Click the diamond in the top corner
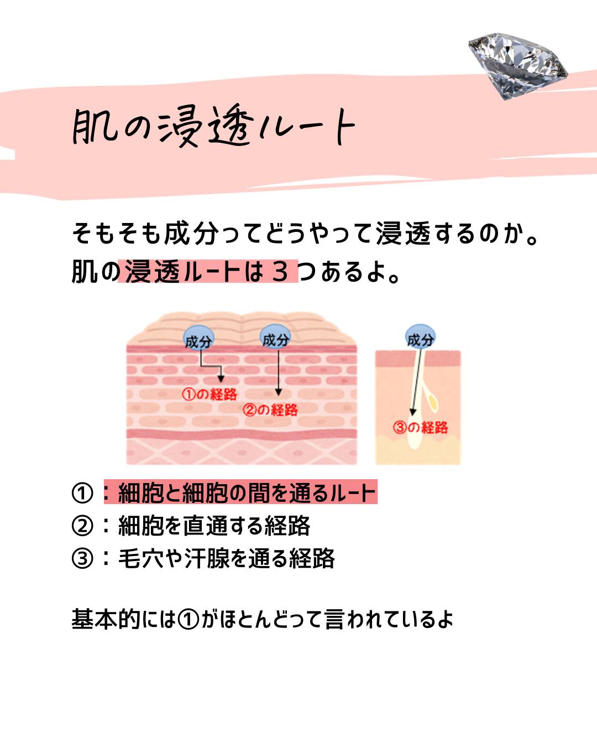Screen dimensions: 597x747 518,65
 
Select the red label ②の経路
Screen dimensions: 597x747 270,410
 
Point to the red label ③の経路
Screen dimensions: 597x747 421,427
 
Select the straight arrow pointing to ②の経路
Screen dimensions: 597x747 278,372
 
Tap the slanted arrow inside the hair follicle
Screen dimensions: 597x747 417,381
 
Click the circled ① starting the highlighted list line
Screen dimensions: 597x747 82,493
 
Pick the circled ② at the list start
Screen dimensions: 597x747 82,526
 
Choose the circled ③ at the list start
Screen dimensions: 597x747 82,558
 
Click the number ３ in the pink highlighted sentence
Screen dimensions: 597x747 280,272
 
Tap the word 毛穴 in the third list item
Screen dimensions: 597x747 141,558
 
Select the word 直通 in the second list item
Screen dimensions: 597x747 206,526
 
